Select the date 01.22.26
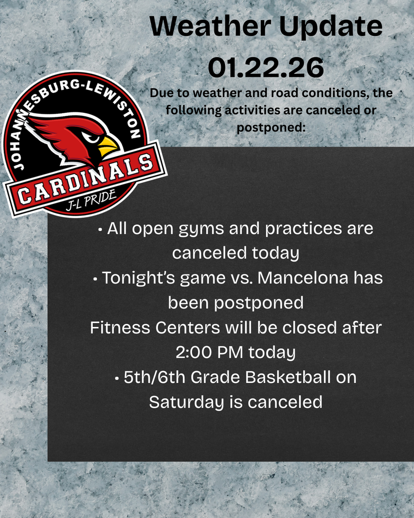point(266,68)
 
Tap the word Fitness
point(119,327)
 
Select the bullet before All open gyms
point(101,229)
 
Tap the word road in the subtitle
point(274,94)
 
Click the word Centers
point(187,327)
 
